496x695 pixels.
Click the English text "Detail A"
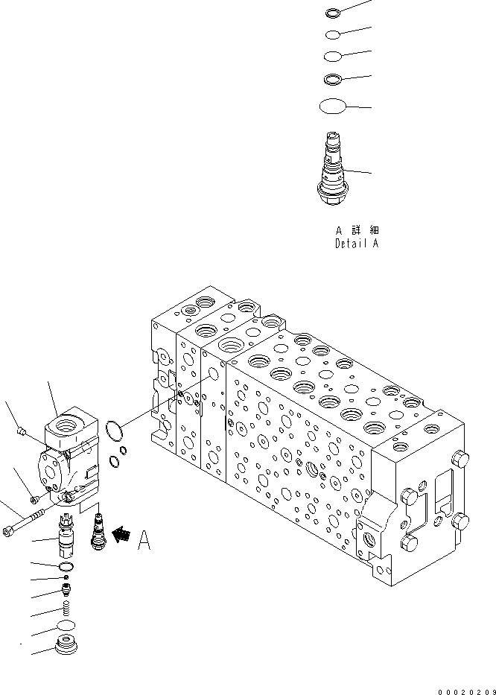point(356,244)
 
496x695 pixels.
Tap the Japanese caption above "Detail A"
point(356,230)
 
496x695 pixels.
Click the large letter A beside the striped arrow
point(144,541)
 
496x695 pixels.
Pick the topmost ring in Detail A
point(333,12)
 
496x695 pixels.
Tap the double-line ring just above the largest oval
point(332,78)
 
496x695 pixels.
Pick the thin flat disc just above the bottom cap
point(67,625)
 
